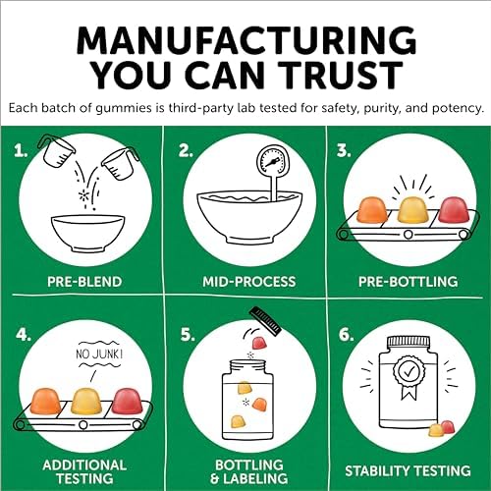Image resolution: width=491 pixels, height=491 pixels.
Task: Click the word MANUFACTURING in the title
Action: pyautogui.click(x=246, y=40)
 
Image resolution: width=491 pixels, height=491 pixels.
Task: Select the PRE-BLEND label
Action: pyautogui.click(x=84, y=282)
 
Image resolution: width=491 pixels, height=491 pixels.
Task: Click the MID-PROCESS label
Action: pyautogui.click(x=248, y=282)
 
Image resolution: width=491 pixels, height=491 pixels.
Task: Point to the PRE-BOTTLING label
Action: pyautogui.click(x=409, y=282)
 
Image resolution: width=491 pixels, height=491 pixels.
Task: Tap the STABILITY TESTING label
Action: pyautogui.click(x=408, y=471)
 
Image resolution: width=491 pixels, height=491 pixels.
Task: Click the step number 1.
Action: pyautogui.click(x=21, y=151)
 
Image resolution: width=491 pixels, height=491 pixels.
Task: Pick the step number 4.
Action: pyautogui.click(x=23, y=335)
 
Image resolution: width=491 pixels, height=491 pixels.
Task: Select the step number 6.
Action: pyautogui.click(x=346, y=335)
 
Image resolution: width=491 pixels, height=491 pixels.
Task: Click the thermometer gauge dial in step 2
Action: pyautogui.click(x=273, y=161)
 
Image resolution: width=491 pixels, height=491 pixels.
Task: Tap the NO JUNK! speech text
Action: pyautogui.click(x=99, y=354)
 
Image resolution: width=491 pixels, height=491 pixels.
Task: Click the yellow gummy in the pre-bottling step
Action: pyautogui.click(x=410, y=210)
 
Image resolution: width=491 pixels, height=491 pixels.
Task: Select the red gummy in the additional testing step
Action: pyautogui.click(x=128, y=401)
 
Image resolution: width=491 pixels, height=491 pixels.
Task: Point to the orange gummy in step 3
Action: pyautogui.click(x=371, y=208)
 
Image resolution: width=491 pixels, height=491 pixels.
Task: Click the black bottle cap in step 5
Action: pyautogui.click(x=265, y=321)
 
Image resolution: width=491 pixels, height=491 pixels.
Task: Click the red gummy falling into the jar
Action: pyautogui.click(x=259, y=344)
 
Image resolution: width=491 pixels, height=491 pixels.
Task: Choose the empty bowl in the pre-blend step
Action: pyautogui.click(x=87, y=234)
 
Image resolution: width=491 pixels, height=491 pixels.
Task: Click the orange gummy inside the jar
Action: pyautogui.click(x=258, y=404)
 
